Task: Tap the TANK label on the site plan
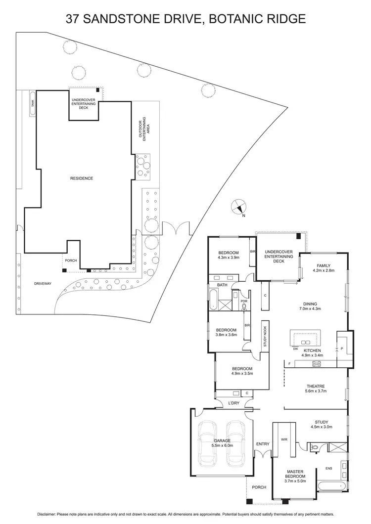pos(33,103)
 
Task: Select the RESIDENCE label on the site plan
pos(82,178)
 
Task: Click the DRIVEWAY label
pos(44,283)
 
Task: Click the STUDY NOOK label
pos(265,336)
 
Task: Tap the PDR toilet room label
pos(243,301)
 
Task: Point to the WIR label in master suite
pos(284,438)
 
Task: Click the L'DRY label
pos(233,404)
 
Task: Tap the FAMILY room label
pos(324,265)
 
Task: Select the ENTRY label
pos(263,444)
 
